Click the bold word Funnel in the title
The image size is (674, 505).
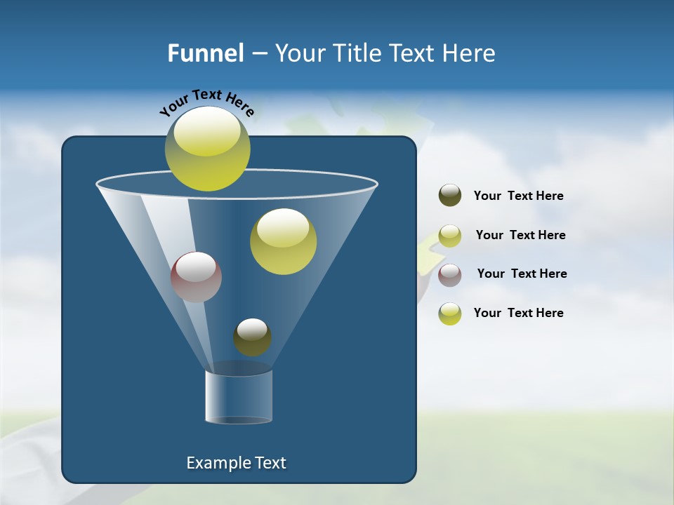(x=205, y=53)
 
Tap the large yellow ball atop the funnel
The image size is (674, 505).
(x=207, y=149)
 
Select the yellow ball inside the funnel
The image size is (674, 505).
(x=283, y=241)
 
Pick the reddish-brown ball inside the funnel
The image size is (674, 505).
(x=196, y=277)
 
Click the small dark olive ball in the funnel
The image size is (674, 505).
(x=252, y=337)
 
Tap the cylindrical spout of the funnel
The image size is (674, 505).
(x=239, y=396)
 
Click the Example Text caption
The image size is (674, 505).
(x=236, y=463)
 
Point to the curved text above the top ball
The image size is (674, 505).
(x=206, y=102)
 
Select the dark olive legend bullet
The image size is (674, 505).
(x=450, y=196)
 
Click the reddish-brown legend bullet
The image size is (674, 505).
(x=450, y=274)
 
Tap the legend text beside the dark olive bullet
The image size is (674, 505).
(x=518, y=196)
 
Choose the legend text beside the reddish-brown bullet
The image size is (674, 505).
(x=522, y=274)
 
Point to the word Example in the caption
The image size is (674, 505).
(x=218, y=463)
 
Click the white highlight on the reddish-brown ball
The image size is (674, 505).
(x=196, y=267)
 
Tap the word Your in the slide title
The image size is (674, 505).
(x=296, y=53)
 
